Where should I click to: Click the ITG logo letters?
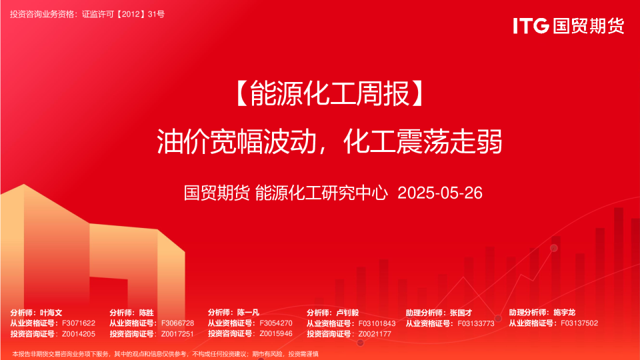click(x=531, y=26)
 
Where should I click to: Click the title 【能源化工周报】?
click(x=330, y=93)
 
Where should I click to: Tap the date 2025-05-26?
click(x=440, y=193)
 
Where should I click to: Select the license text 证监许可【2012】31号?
click(x=123, y=14)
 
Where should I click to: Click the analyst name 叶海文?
click(x=51, y=313)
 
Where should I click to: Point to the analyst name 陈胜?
click(x=147, y=313)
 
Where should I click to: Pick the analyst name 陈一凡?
click(x=248, y=313)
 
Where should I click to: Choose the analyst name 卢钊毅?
click(x=347, y=313)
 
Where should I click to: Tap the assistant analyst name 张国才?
click(x=461, y=313)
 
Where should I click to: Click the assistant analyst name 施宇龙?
click(x=565, y=313)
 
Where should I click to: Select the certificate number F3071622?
click(x=79, y=323)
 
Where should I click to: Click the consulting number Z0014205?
click(x=79, y=334)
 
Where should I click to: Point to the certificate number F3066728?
click(x=177, y=323)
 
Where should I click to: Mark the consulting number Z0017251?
click(x=177, y=334)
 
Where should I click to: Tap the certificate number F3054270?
click(x=276, y=323)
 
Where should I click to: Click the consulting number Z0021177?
click(x=375, y=334)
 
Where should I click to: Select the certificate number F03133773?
click(x=476, y=323)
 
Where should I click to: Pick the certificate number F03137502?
click(x=579, y=323)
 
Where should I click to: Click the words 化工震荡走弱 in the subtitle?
click(x=423, y=141)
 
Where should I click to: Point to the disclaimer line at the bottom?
click(x=165, y=354)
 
